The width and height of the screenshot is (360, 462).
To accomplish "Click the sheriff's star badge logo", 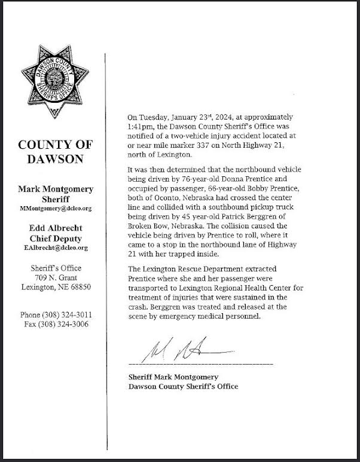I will [54, 84].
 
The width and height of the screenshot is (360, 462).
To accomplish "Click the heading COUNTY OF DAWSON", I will [54, 152].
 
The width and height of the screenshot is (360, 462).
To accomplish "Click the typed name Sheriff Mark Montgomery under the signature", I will [173, 377].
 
